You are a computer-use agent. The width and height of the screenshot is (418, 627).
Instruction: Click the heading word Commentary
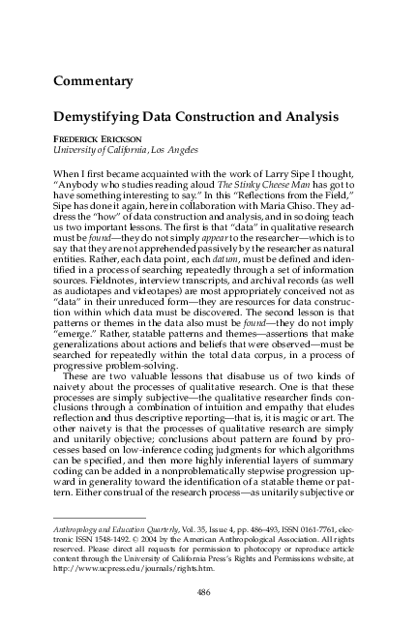click(x=93, y=79)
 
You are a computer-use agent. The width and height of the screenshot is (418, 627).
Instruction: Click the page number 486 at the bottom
click(x=204, y=592)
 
